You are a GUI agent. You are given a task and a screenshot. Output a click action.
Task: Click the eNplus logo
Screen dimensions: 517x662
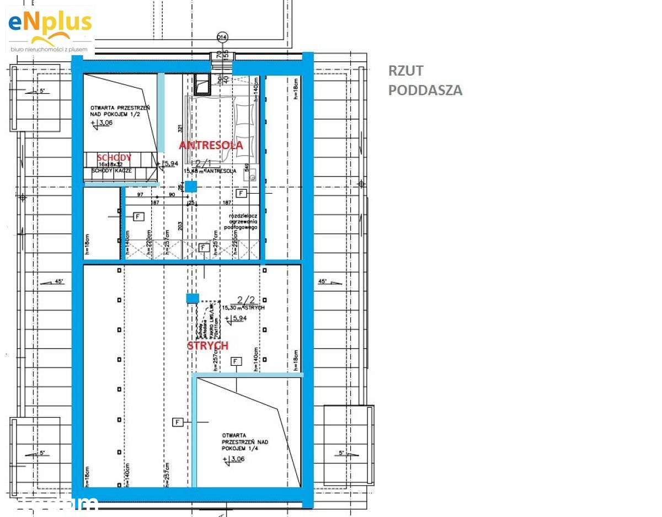(x=50, y=29)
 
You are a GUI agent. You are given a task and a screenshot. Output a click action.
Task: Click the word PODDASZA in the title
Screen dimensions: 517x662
(x=425, y=90)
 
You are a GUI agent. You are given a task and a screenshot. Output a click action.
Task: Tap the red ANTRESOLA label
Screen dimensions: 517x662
(x=211, y=146)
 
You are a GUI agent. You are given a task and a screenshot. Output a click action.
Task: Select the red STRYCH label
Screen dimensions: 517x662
(x=207, y=345)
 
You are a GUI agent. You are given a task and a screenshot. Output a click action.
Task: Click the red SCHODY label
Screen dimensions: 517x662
(x=115, y=157)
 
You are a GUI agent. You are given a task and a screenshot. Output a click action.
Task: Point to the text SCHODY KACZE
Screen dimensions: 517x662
(x=112, y=171)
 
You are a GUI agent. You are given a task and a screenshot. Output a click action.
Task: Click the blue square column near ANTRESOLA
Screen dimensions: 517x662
(x=190, y=186)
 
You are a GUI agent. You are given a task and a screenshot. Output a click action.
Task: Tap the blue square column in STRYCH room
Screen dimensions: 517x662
(x=192, y=299)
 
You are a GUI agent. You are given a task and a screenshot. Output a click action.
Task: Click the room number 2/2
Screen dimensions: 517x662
(x=246, y=300)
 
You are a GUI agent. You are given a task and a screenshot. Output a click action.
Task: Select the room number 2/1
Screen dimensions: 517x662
(x=203, y=163)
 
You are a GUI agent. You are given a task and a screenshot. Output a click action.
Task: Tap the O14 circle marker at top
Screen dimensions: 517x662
(x=222, y=37)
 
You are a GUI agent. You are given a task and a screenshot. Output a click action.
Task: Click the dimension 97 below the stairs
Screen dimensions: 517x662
(x=140, y=195)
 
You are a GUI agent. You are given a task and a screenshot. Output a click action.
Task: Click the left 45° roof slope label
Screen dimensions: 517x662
(x=58, y=281)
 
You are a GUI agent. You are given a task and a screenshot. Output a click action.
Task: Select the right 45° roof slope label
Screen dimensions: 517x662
(x=323, y=281)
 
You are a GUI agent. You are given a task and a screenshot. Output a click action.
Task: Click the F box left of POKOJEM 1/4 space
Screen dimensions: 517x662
(x=178, y=422)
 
